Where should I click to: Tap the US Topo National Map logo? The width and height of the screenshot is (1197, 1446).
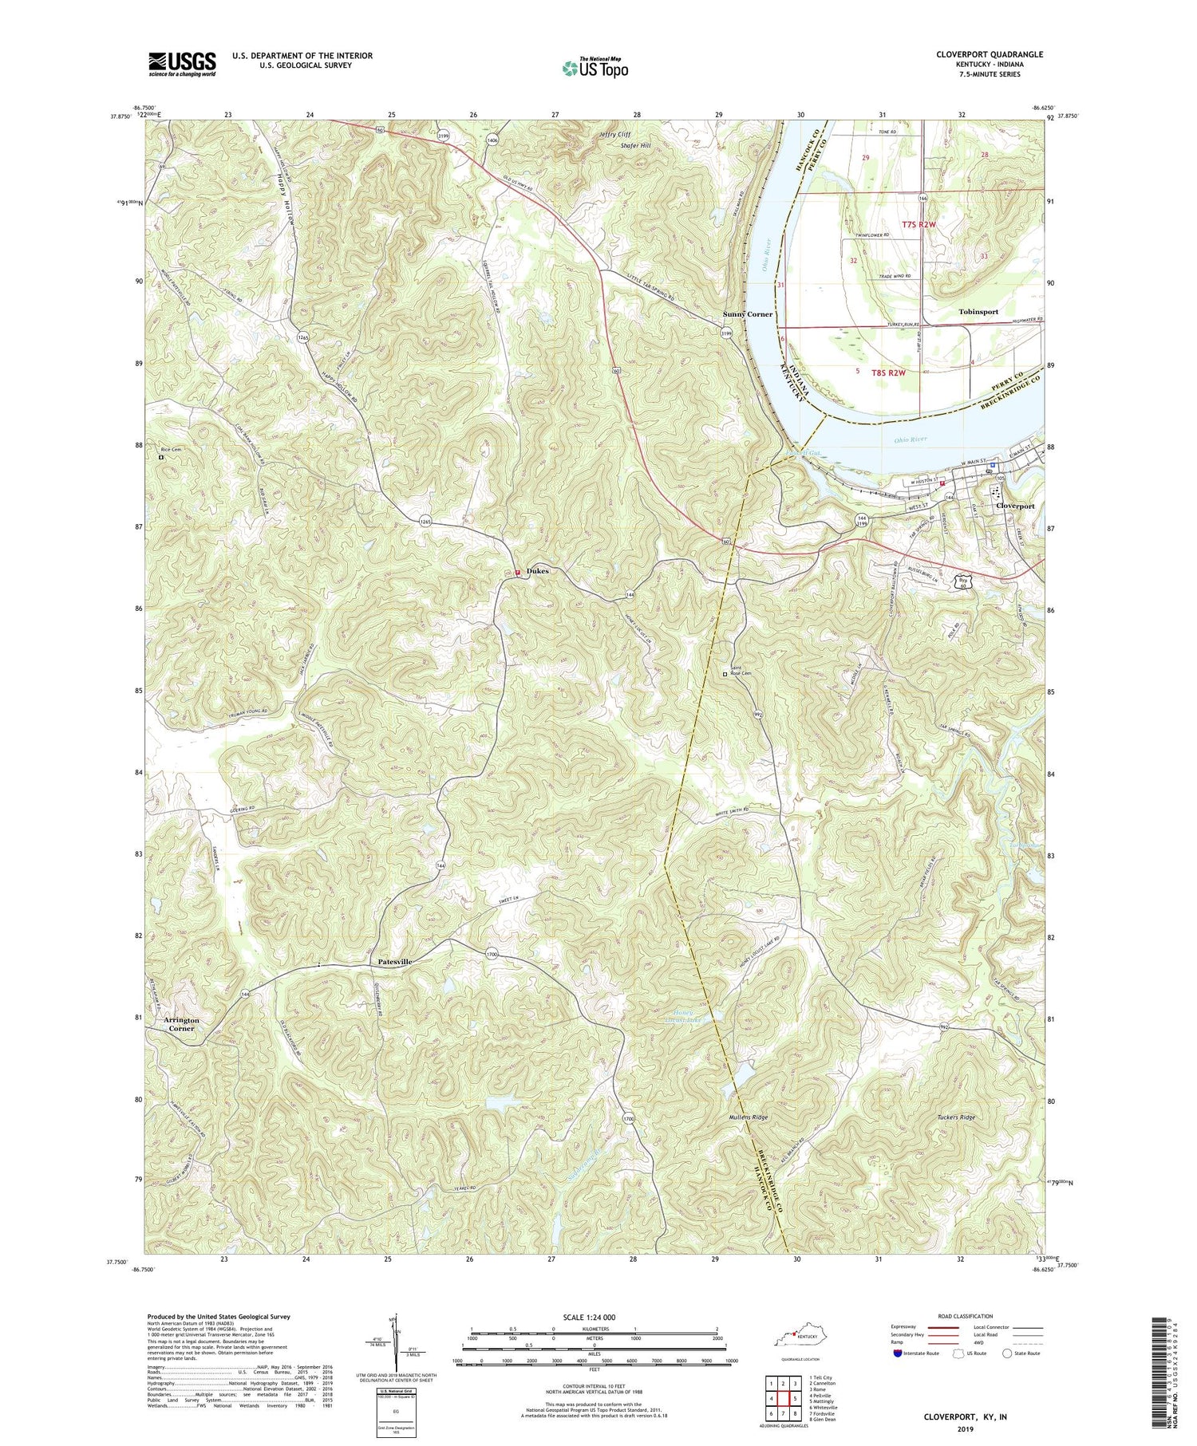(x=595, y=69)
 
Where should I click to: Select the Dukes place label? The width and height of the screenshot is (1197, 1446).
(x=536, y=571)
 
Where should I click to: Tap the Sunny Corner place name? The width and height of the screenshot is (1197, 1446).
(x=748, y=314)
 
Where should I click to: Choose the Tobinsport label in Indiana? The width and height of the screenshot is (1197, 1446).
(x=978, y=312)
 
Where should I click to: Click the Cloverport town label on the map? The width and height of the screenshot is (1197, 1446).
(x=1014, y=506)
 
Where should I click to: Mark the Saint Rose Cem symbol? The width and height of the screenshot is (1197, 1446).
(x=725, y=674)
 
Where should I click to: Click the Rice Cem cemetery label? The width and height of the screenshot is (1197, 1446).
(x=172, y=449)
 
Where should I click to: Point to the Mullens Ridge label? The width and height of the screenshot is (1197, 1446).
(x=748, y=1117)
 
